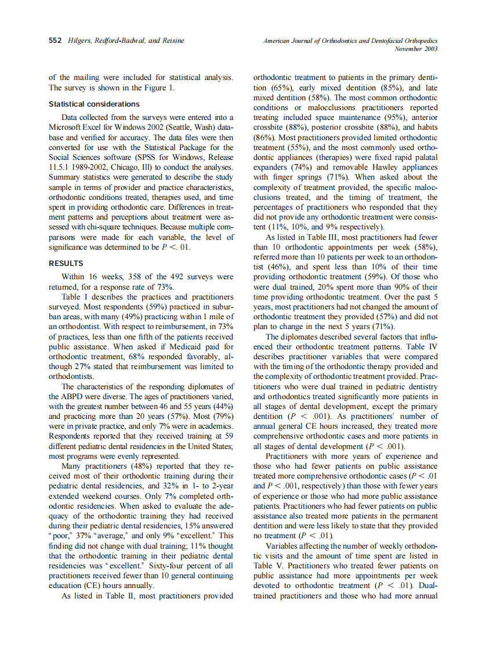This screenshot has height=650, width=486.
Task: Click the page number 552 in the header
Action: point(56,41)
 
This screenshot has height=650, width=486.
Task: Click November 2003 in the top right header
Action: point(416,49)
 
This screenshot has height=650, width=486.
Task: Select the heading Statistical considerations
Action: point(94,104)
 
